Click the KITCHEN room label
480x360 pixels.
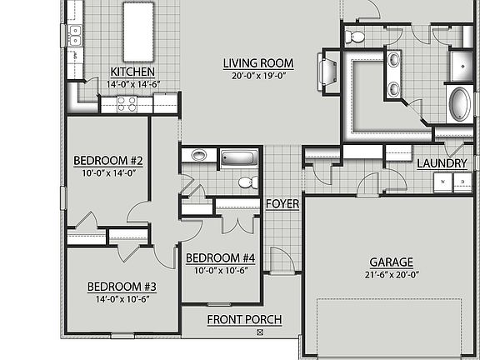pos(132,72)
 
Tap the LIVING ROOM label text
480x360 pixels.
pos(257,62)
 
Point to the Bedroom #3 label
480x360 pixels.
pos(122,287)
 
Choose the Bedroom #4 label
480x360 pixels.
pos(220,257)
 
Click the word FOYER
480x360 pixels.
pos(282,204)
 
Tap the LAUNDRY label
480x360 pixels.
pos(441,163)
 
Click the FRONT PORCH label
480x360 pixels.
pos(244,319)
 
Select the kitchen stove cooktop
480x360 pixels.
pos(126,103)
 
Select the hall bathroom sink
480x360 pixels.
pos(199,155)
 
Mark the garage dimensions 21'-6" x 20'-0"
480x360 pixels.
pos(392,275)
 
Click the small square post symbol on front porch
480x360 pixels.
pos(260,332)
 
